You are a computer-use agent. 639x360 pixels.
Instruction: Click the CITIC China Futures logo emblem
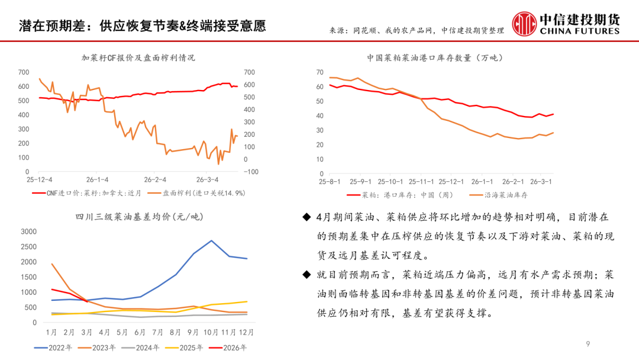523,24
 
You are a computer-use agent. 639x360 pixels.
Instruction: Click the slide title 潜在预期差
142,26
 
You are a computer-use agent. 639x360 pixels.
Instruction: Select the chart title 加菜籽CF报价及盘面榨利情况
138,58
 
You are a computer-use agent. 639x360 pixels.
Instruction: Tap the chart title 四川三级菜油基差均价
138,217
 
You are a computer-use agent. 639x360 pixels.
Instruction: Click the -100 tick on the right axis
251,172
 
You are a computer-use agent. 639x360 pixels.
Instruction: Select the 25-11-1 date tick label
419,181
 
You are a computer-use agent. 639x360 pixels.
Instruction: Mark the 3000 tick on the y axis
28,231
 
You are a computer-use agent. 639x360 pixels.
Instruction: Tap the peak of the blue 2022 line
212,240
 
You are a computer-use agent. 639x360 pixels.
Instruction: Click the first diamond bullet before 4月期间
306,218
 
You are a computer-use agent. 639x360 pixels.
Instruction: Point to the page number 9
588,344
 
